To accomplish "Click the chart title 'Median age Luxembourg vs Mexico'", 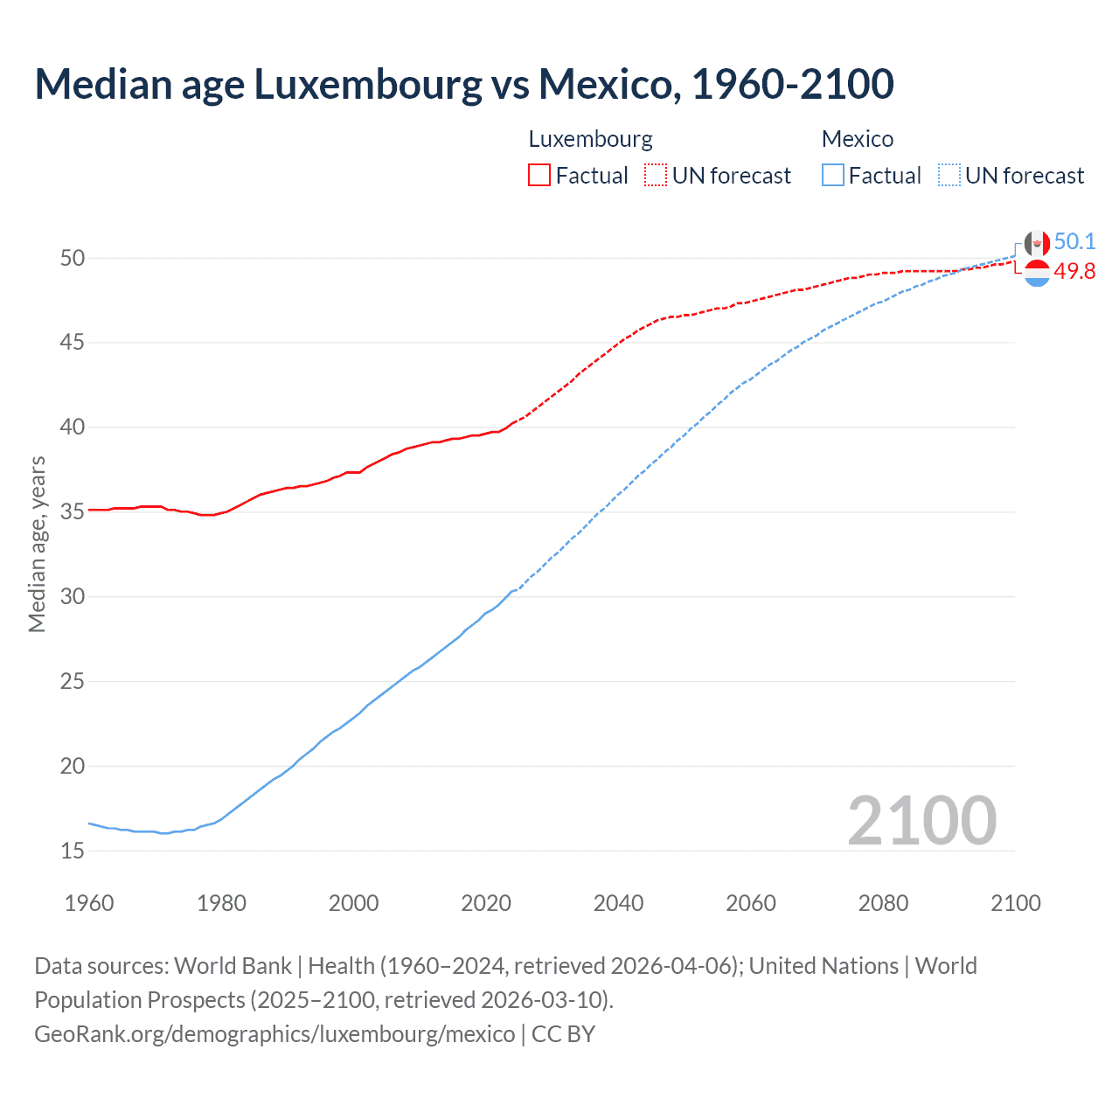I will click(x=463, y=84).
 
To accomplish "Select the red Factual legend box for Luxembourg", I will click(x=539, y=175).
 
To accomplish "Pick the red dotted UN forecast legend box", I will click(x=656, y=175).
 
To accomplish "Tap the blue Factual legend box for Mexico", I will click(x=833, y=175).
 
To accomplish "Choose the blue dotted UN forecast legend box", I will click(x=949, y=175).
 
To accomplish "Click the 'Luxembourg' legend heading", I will click(x=590, y=139).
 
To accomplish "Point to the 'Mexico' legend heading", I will click(x=857, y=139).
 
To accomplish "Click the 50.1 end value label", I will click(x=1074, y=241).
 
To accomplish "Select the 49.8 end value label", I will click(x=1074, y=272).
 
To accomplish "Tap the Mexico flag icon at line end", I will click(x=1037, y=244).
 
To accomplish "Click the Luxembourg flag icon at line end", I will click(x=1037, y=273).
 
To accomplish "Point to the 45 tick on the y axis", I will click(x=73, y=343).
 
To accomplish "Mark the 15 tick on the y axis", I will click(x=73, y=851).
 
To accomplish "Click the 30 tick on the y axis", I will click(x=73, y=596).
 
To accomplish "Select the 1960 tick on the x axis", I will click(x=89, y=903).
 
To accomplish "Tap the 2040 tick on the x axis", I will click(x=618, y=903).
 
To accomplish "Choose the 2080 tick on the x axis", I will click(x=883, y=903).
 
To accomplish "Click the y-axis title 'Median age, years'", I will click(x=37, y=544).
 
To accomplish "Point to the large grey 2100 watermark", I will click(x=921, y=820).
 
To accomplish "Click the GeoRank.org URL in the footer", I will click(x=275, y=1034).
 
